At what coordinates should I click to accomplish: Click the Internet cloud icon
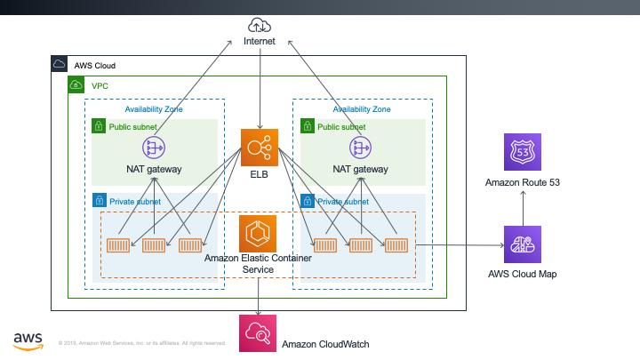(260, 24)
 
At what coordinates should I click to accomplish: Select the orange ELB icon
(260, 148)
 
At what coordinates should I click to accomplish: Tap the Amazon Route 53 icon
(522, 153)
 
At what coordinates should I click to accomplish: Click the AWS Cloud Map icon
(522, 244)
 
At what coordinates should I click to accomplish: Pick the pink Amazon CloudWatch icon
(258, 333)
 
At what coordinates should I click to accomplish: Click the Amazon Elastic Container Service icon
(259, 232)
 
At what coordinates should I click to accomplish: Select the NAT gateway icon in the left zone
(154, 147)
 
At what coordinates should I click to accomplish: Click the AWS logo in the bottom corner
(29, 340)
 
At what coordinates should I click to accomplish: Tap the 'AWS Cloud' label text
(94, 66)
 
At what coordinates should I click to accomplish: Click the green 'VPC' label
(100, 86)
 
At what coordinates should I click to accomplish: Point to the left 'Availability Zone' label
(155, 108)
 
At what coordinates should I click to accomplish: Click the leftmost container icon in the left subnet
(118, 245)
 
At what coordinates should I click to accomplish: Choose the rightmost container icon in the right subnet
(396, 245)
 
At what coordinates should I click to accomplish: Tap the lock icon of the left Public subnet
(99, 126)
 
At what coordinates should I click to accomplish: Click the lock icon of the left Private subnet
(99, 201)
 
